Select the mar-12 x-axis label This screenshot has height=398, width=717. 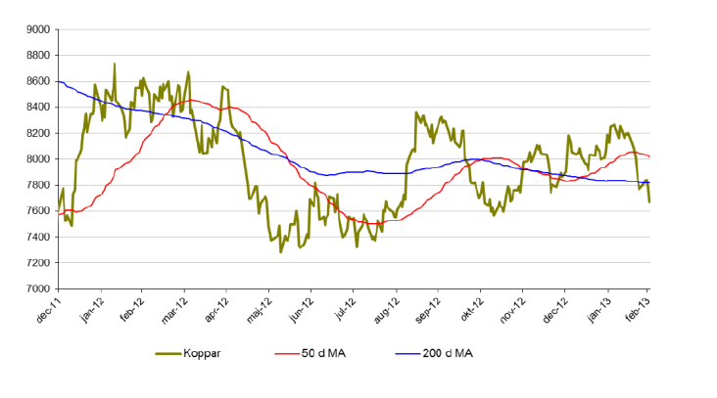pos(175,306)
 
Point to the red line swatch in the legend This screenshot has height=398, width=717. pos(292,353)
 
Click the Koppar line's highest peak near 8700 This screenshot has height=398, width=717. pos(115,65)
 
